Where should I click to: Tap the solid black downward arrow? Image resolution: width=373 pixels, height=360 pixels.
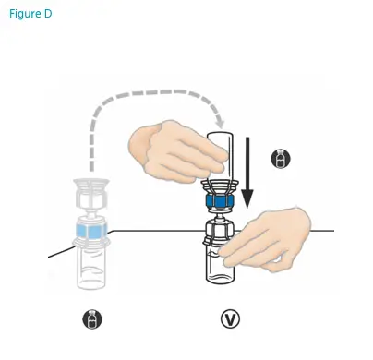247,175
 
